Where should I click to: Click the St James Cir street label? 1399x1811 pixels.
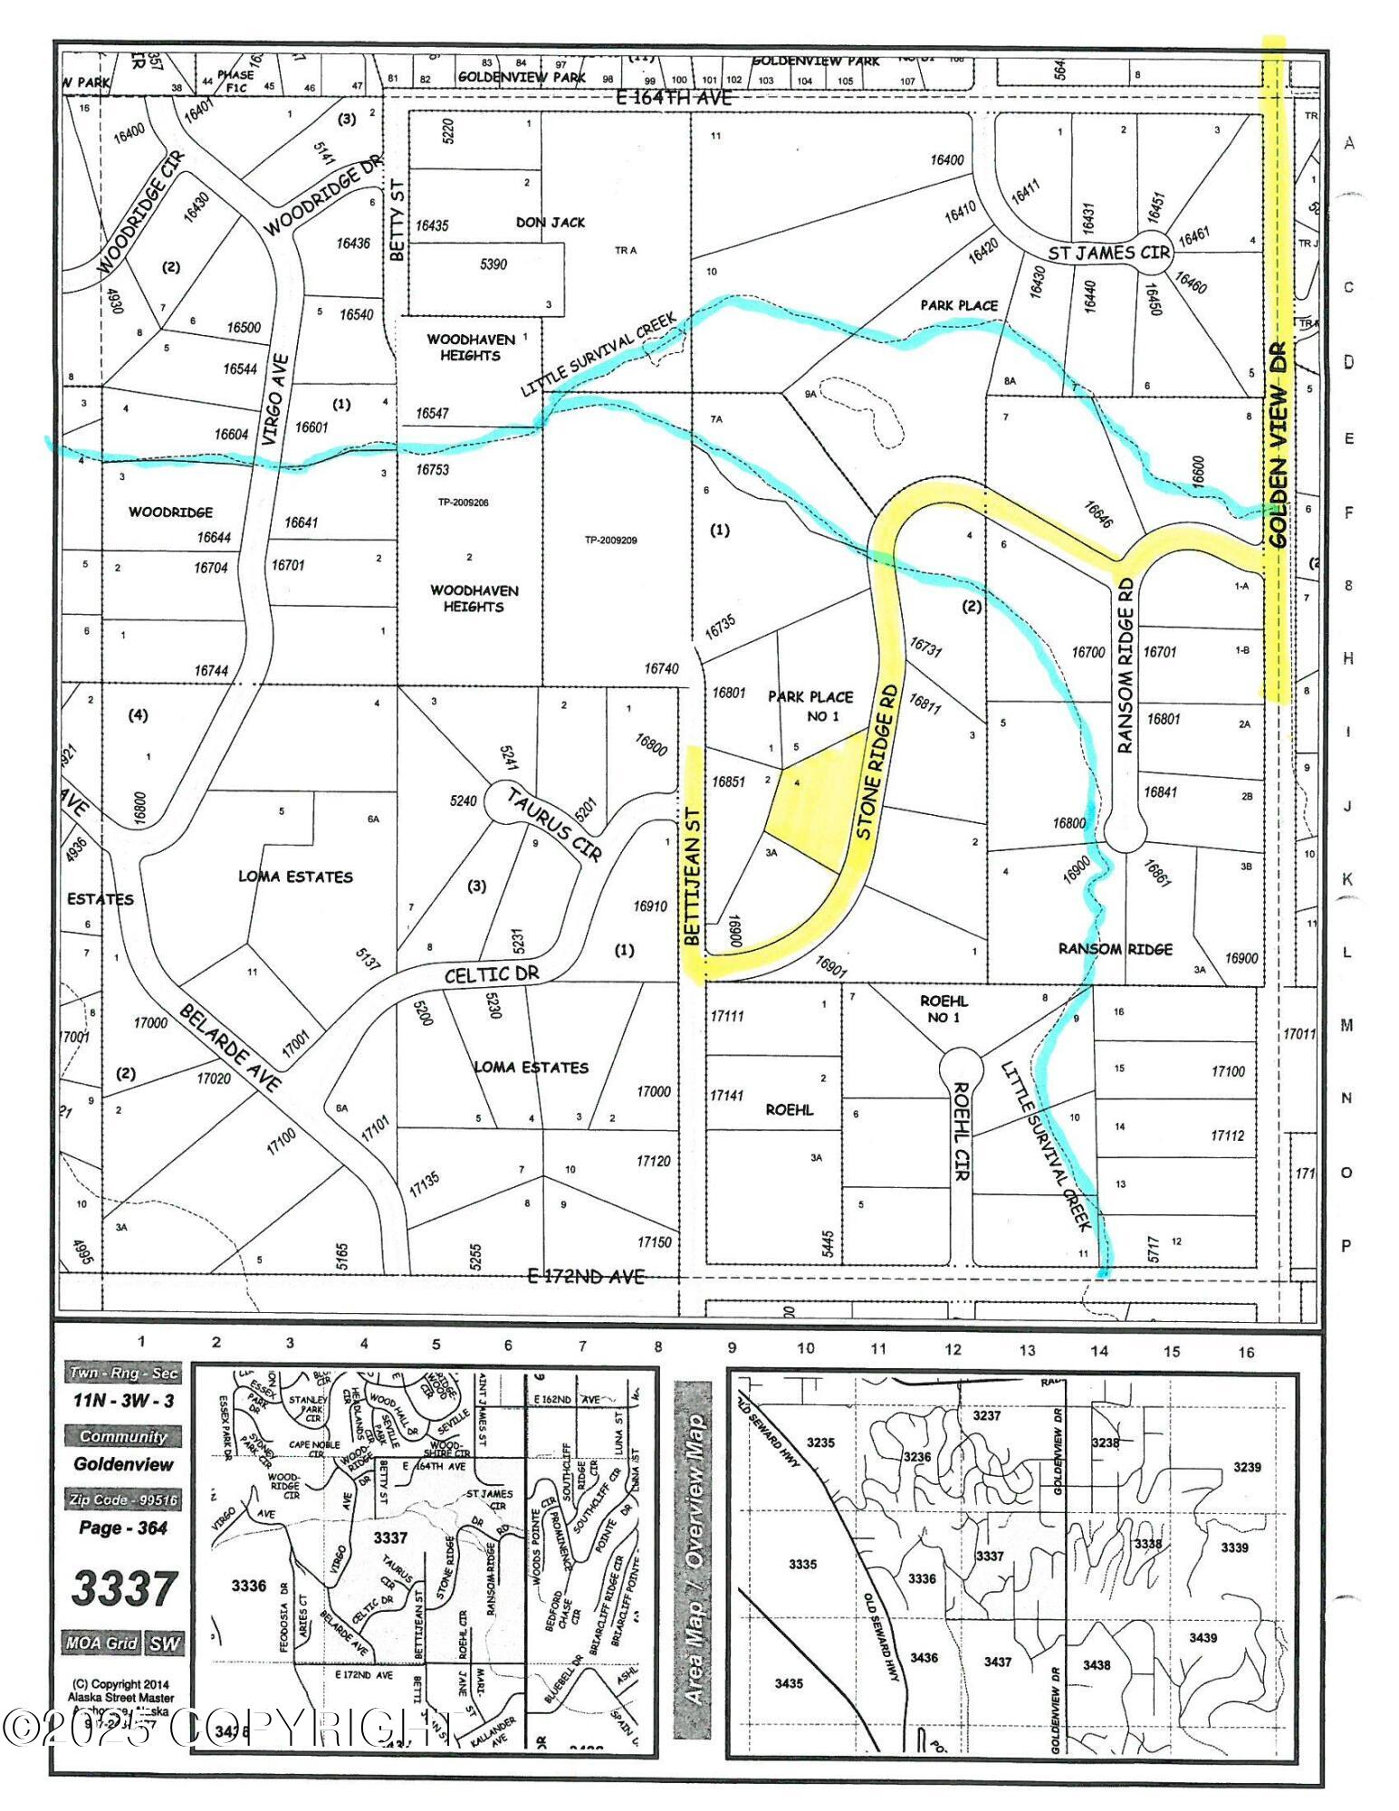pos(1109,253)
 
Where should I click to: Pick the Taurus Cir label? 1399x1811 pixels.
pos(554,824)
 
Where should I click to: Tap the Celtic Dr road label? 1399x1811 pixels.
pos(492,975)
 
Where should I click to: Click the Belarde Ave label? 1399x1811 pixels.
pos(229,1046)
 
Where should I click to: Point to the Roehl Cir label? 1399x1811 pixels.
pos(960,1132)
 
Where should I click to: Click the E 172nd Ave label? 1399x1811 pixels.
pos(586,1276)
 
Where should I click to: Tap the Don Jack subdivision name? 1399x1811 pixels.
pos(551,222)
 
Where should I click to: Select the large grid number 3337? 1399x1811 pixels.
pos(123,1587)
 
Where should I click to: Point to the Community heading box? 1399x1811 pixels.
pos(122,1436)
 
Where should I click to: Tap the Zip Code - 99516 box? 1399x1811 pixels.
pos(122,1500)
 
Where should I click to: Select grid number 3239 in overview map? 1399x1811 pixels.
pos(1247,1467)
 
